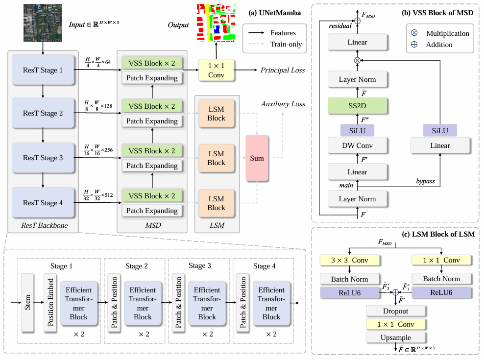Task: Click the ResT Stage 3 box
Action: pos(43,158)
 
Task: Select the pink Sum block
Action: pos(257,158)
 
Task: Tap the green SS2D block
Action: pos(357,106)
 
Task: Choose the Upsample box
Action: pos(395,337)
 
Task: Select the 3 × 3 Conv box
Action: pos(350,260)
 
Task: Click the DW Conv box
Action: pos(357,145)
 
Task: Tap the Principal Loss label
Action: pos(283,70)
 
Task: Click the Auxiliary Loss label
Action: pos(283,104)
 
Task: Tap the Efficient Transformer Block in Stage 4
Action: pos(271,303)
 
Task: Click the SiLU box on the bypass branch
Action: pos(440,130)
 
